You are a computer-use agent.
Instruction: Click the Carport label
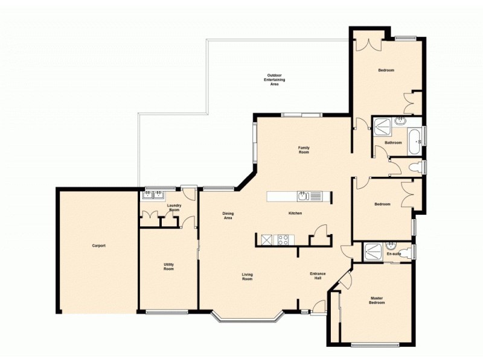click(98, 246)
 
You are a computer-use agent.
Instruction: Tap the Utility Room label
click(168, 266)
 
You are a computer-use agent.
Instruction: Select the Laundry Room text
click(174, 208)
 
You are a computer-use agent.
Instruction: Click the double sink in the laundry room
click(153, 195)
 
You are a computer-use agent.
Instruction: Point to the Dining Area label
click(228, 215)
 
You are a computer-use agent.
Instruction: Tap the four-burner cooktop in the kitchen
click(283, 240)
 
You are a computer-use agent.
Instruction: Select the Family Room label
click(304, 150)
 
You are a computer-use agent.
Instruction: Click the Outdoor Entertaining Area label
click(274, 80)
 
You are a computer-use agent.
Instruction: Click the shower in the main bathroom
click(382, 126)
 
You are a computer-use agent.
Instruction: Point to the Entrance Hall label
click(318, 276)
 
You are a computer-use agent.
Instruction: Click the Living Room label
click(247, 277)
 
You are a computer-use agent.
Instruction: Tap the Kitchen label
click(295, 213)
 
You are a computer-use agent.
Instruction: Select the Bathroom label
click(394, 142)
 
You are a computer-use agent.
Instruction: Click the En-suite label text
click(393, 254)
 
